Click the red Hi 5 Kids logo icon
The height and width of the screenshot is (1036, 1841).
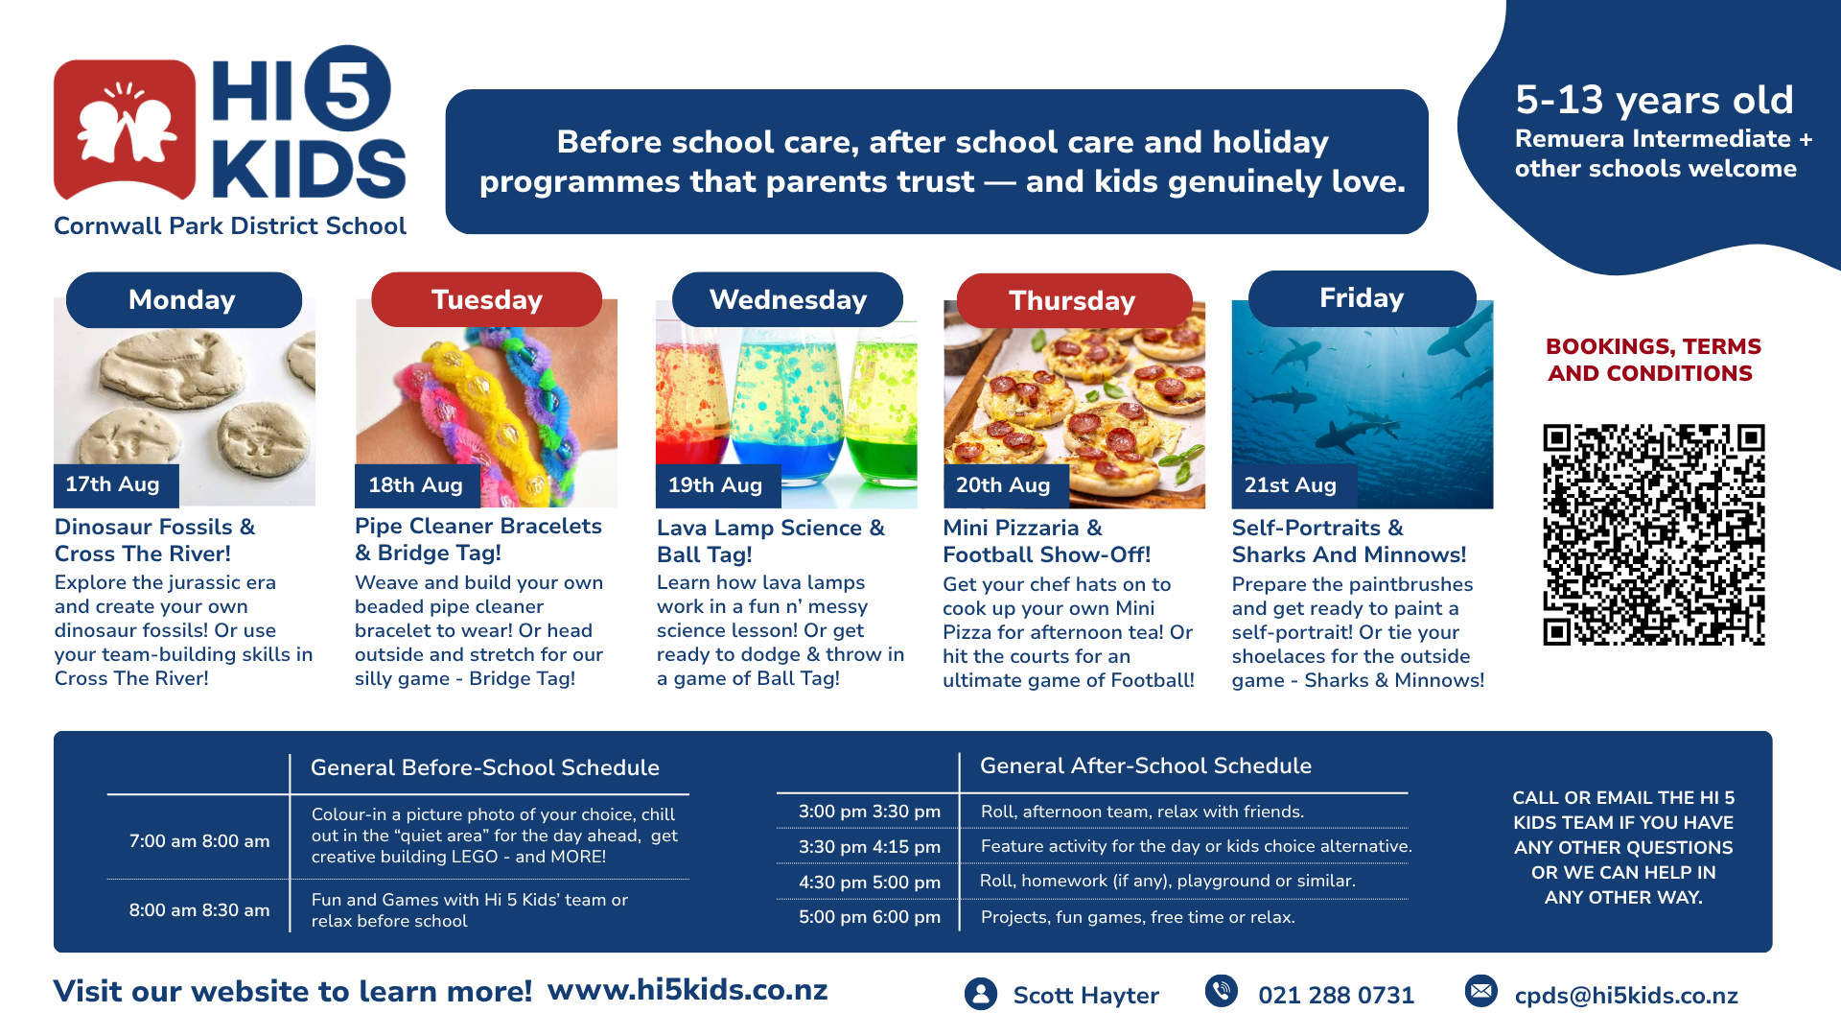tap(125, 129)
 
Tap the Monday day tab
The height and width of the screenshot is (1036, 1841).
tap(184, 299)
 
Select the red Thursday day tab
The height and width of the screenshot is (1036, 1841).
tap(1074, 300)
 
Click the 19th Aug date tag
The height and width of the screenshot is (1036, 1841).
tap(718, 485)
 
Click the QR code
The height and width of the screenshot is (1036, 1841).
tap(1654, 534)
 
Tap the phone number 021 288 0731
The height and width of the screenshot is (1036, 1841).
tap(1336, 996)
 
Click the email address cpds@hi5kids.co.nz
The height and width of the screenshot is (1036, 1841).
tap(1626, 996)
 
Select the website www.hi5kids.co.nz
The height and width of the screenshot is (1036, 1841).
tap(687, 990)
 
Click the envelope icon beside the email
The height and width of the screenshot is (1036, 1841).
tap(1481, 991)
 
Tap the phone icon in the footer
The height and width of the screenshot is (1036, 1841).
tap(1222, 991)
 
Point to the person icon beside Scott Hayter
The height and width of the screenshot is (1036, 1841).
tap(981, 994)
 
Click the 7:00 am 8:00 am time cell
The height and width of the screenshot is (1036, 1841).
tap(199, 841)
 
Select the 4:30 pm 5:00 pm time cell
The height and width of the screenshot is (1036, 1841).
tap(870, 883)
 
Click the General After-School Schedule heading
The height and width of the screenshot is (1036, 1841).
tap(1146, 765)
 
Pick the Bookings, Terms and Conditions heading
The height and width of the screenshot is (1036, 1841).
tap(1652, 360)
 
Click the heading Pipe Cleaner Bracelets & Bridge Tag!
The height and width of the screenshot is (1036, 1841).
tap(478, 539)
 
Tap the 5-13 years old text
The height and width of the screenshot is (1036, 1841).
tap(1654, 100)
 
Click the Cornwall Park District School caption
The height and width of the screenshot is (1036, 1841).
tap(230, 226)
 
